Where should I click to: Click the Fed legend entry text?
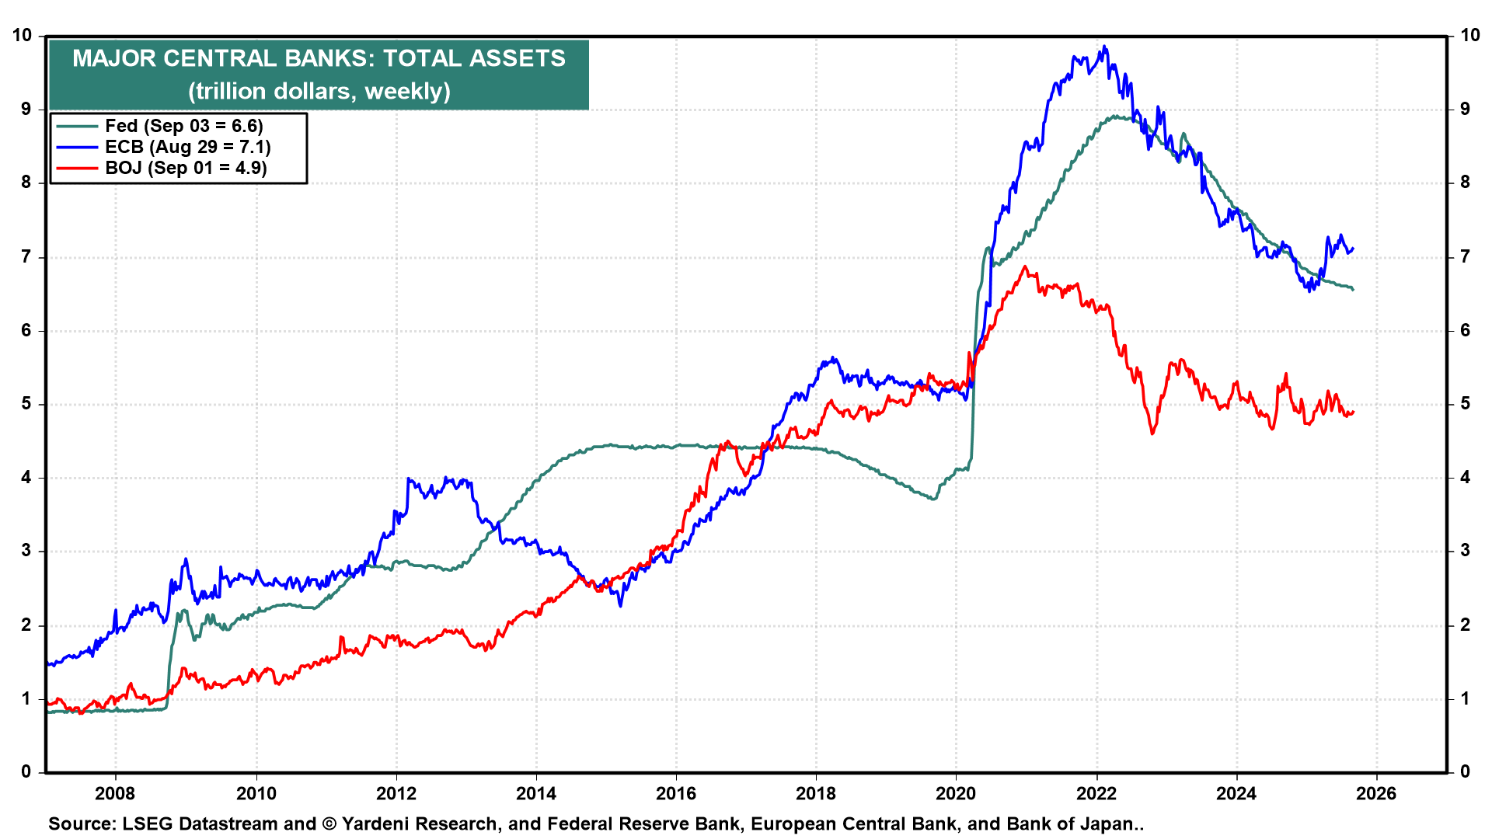click(184, 126)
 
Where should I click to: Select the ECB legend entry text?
click(188, 147)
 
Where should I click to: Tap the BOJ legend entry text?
click(186, 168)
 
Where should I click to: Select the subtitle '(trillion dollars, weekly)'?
click(319, 92)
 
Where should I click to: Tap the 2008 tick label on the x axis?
click(115, 793)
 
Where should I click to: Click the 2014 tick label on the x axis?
click(536, 793)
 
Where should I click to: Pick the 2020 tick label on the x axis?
click(956, 793)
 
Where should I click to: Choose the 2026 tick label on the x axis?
click(1376, 793)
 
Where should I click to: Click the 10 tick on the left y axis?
click(23, 36)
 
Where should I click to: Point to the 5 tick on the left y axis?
click(27, 404)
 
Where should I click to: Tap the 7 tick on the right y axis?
click(1466, 256)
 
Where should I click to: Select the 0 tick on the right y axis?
click(1466, 771)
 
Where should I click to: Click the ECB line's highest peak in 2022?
click(1104, 47)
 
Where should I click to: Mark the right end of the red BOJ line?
click(1353, 412)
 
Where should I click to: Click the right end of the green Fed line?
click(1353, 290)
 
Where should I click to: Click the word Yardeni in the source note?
click(377, 824)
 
